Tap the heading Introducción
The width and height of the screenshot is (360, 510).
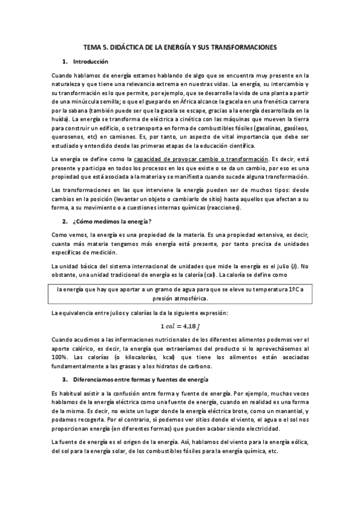tap(90, 62)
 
